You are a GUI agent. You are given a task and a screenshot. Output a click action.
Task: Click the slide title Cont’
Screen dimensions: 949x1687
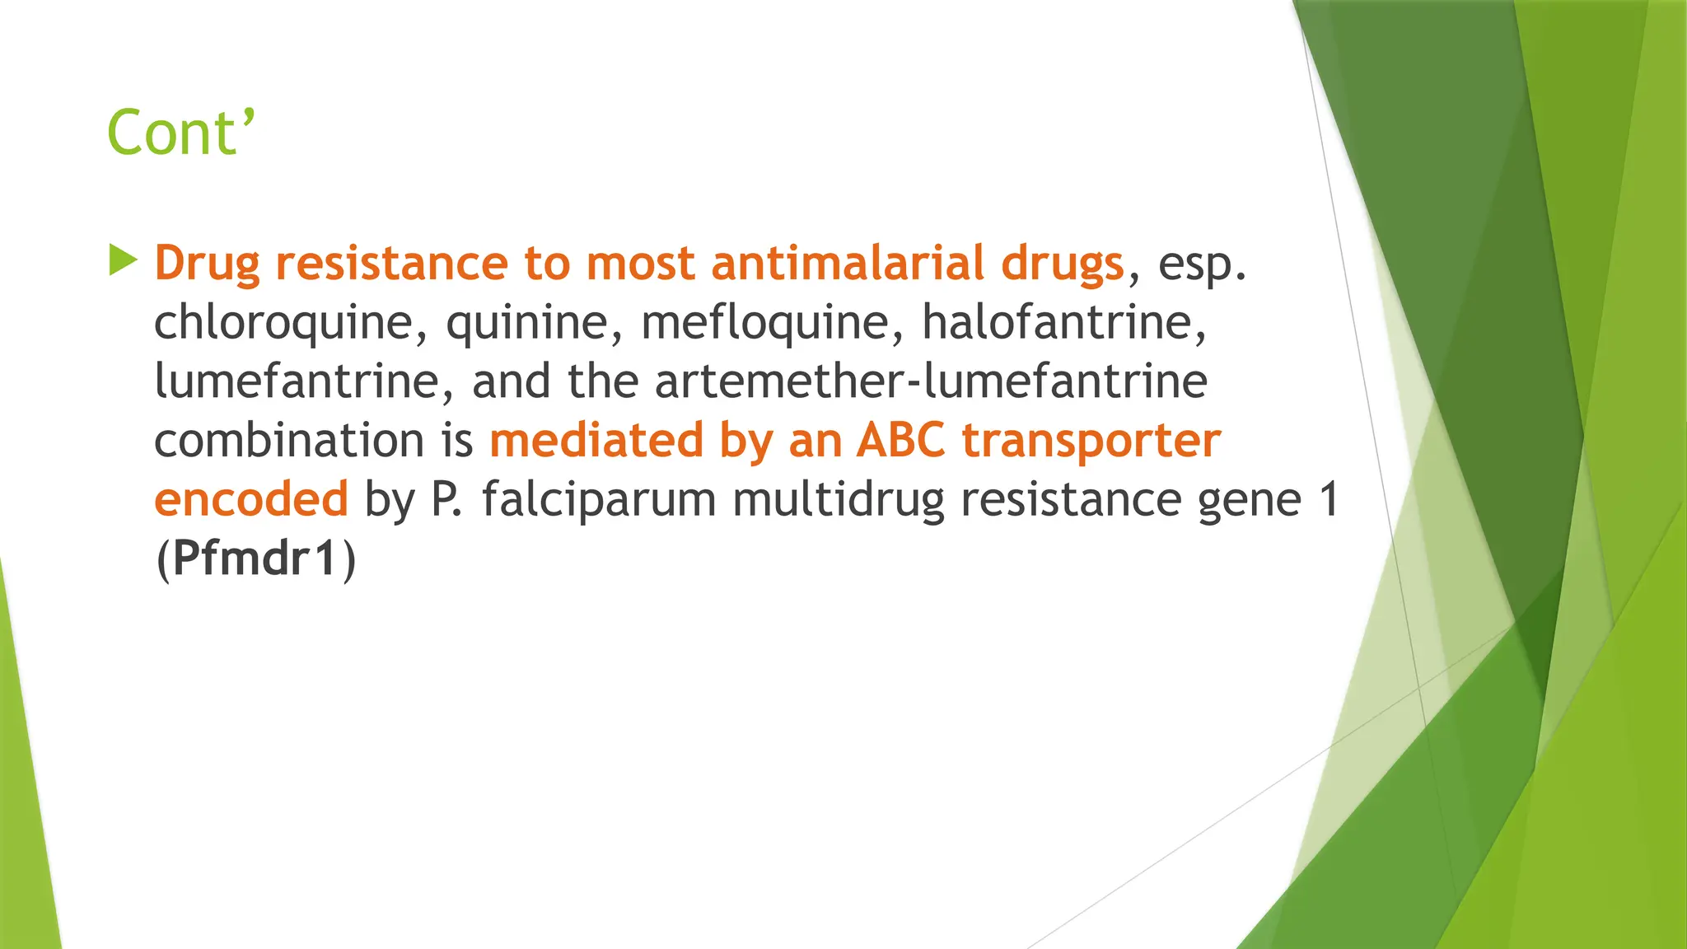click(x=181, y=133)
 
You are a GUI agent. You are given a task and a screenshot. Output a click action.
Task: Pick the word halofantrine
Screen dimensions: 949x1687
click(x=1063, y=322)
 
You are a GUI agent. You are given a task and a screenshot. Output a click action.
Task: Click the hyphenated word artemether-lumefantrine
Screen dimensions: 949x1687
click(x=931, y=381)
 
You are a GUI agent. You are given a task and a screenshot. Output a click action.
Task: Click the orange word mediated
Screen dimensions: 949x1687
click(x=596, y=441)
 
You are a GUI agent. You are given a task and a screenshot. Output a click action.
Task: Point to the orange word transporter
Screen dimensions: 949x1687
click(x=1091, y=442)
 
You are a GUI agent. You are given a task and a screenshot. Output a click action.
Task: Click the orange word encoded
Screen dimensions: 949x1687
click(x=251, y=499)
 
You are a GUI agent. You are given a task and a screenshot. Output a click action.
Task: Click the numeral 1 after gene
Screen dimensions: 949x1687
click(x=1329, y=500)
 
